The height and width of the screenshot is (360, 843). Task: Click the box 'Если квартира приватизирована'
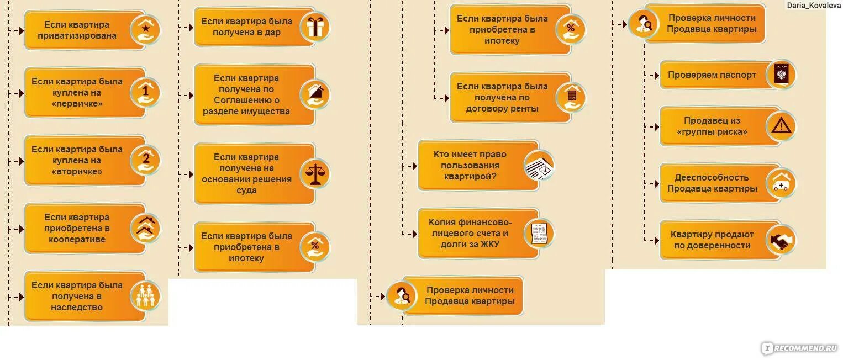[77, 30]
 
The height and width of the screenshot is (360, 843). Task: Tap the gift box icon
[315, 27]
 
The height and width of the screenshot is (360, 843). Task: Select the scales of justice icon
[315, 174]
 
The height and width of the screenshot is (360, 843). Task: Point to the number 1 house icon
[145, 92]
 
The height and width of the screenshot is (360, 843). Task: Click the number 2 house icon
[145, 160]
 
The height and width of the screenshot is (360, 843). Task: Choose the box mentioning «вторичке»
[77, 160]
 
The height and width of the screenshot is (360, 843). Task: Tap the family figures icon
[145, 296]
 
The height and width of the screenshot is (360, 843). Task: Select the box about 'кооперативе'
[77, 228]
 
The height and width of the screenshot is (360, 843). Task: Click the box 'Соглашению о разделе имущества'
[246, 94]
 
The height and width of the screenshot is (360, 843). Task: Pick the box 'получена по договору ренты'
[502, 97]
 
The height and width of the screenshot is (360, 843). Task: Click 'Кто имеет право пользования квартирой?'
[470, 165]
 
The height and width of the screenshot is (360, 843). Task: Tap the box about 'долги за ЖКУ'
[470, 233]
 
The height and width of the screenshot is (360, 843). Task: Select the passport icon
[781, 75]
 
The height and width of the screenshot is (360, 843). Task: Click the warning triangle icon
[781, 126]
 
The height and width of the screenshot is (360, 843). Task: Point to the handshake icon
[781, 240]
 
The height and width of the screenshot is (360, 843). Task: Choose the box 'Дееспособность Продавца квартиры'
[712, 183]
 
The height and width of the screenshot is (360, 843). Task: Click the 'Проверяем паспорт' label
[712, 75]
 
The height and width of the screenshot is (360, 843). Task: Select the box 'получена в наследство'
[77, 296]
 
